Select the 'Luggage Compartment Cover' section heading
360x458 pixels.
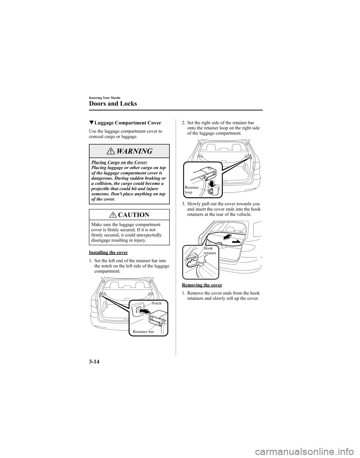coord(128,123)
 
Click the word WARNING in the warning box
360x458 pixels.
coord(134,152)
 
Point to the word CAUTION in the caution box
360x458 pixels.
coord(133,215)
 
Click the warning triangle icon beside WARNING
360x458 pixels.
coord(113,152)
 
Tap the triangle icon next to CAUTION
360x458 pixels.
coord(114,215)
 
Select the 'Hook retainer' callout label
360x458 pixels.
coord(209,251)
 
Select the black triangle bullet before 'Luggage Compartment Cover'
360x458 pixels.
coord(92,123)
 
